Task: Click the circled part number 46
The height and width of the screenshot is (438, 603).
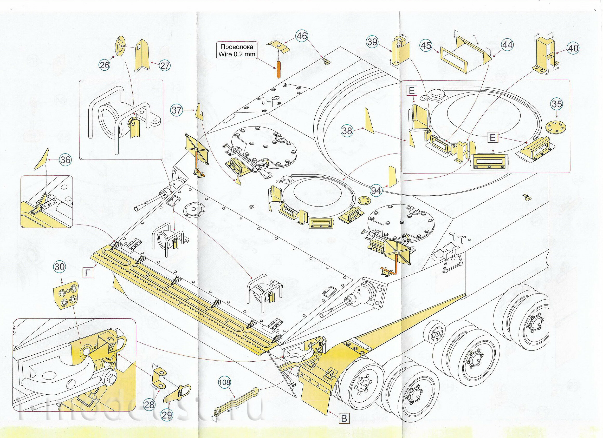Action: (x=302, y=36)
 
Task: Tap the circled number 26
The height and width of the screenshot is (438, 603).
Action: (x=105, y=65)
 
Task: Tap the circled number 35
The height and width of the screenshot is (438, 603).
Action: (x=557, y=104)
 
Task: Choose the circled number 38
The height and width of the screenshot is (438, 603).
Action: (x=347, y=131)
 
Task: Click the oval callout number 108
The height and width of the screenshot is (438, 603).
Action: (x=224, y=382)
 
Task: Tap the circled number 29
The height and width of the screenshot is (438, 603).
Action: (x=167, y=415)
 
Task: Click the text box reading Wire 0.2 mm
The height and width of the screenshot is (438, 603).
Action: (x=237, y=51)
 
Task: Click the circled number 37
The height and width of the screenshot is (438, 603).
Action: (x=177, y=110)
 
